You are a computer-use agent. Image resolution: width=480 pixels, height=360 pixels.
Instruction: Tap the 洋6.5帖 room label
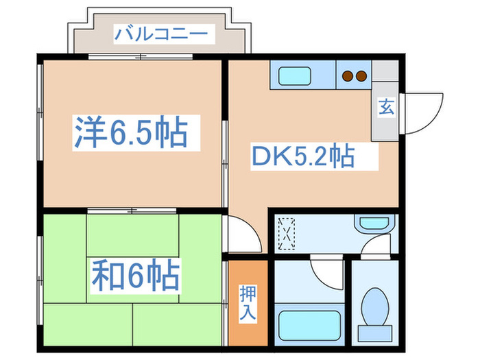130,133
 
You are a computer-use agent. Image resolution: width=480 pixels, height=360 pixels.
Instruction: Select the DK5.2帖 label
302,157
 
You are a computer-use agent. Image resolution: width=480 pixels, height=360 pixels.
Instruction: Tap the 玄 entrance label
386,108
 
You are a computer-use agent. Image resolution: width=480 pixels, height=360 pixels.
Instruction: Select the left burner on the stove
348,75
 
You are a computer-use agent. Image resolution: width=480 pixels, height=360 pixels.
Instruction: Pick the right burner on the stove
360,75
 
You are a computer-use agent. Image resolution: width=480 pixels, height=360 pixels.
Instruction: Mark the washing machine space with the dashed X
287,233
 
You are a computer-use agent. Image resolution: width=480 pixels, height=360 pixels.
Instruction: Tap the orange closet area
246,302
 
